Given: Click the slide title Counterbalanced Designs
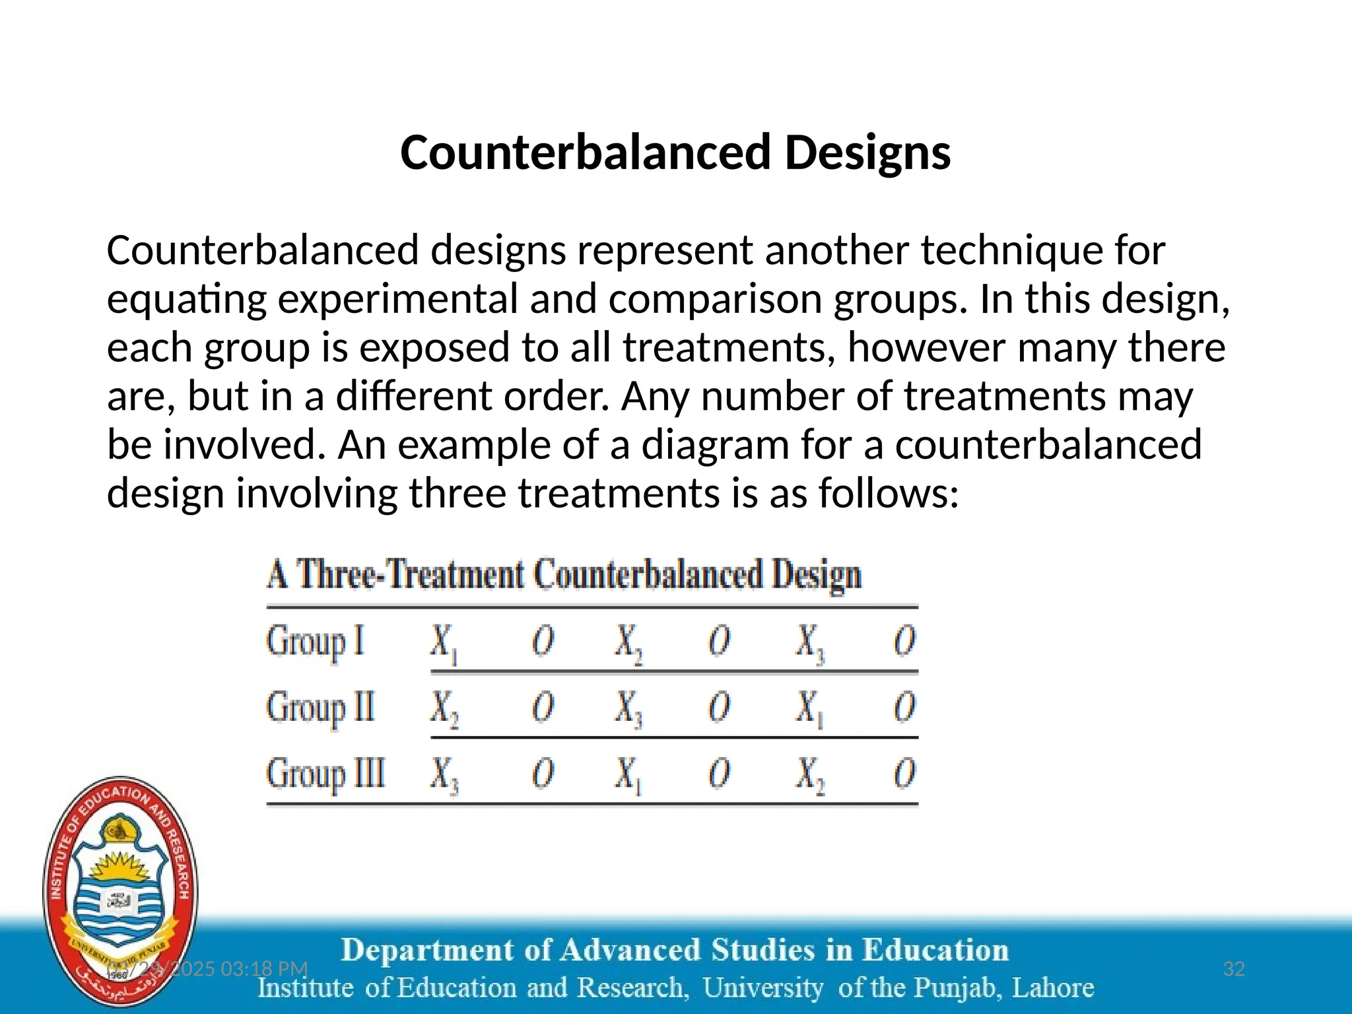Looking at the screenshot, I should (x=675, y=152).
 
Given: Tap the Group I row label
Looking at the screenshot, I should (x=315, y=642).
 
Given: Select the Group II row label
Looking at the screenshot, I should (x=320, y=708).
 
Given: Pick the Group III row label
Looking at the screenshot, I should (x=325, y=774).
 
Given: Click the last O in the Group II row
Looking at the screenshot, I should (x=904, y=708).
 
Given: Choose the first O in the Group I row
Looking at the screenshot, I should (x=543, y=642).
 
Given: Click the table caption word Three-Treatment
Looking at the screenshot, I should (x=409, y=574).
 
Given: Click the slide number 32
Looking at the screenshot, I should (x=1234, y=968).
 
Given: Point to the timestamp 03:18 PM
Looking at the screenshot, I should (x=264, y=968).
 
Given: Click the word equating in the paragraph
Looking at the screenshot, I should (x=186, y=299).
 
